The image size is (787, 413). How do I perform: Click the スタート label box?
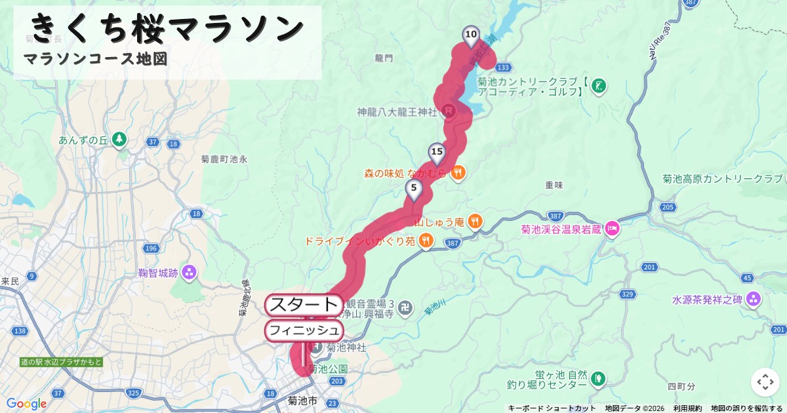(x=304, y=305)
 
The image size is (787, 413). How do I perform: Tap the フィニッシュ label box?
(x=304, y=330)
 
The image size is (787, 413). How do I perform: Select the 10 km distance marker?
(x=470, y=35)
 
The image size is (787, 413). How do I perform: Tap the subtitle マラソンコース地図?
(x=96, y=59)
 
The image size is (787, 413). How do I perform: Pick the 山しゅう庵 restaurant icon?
(x=475, y=222)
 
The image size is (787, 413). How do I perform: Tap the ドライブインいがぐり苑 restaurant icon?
(x=426, y=241)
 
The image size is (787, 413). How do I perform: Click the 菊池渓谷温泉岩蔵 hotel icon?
(x=611, y=229)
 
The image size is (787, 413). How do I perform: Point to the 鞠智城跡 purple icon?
(x=189, y=271)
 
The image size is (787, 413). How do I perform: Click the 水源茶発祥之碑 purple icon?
(x=753, y=300)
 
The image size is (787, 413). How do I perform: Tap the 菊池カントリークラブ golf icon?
(x=598, y=85)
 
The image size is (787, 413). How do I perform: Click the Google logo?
(x=26, y=404)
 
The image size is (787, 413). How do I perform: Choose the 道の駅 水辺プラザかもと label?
(x=61, y=362)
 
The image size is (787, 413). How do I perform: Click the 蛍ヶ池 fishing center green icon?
(x=597, y=378)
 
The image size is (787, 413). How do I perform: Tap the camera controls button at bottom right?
(x=765, y=382)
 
